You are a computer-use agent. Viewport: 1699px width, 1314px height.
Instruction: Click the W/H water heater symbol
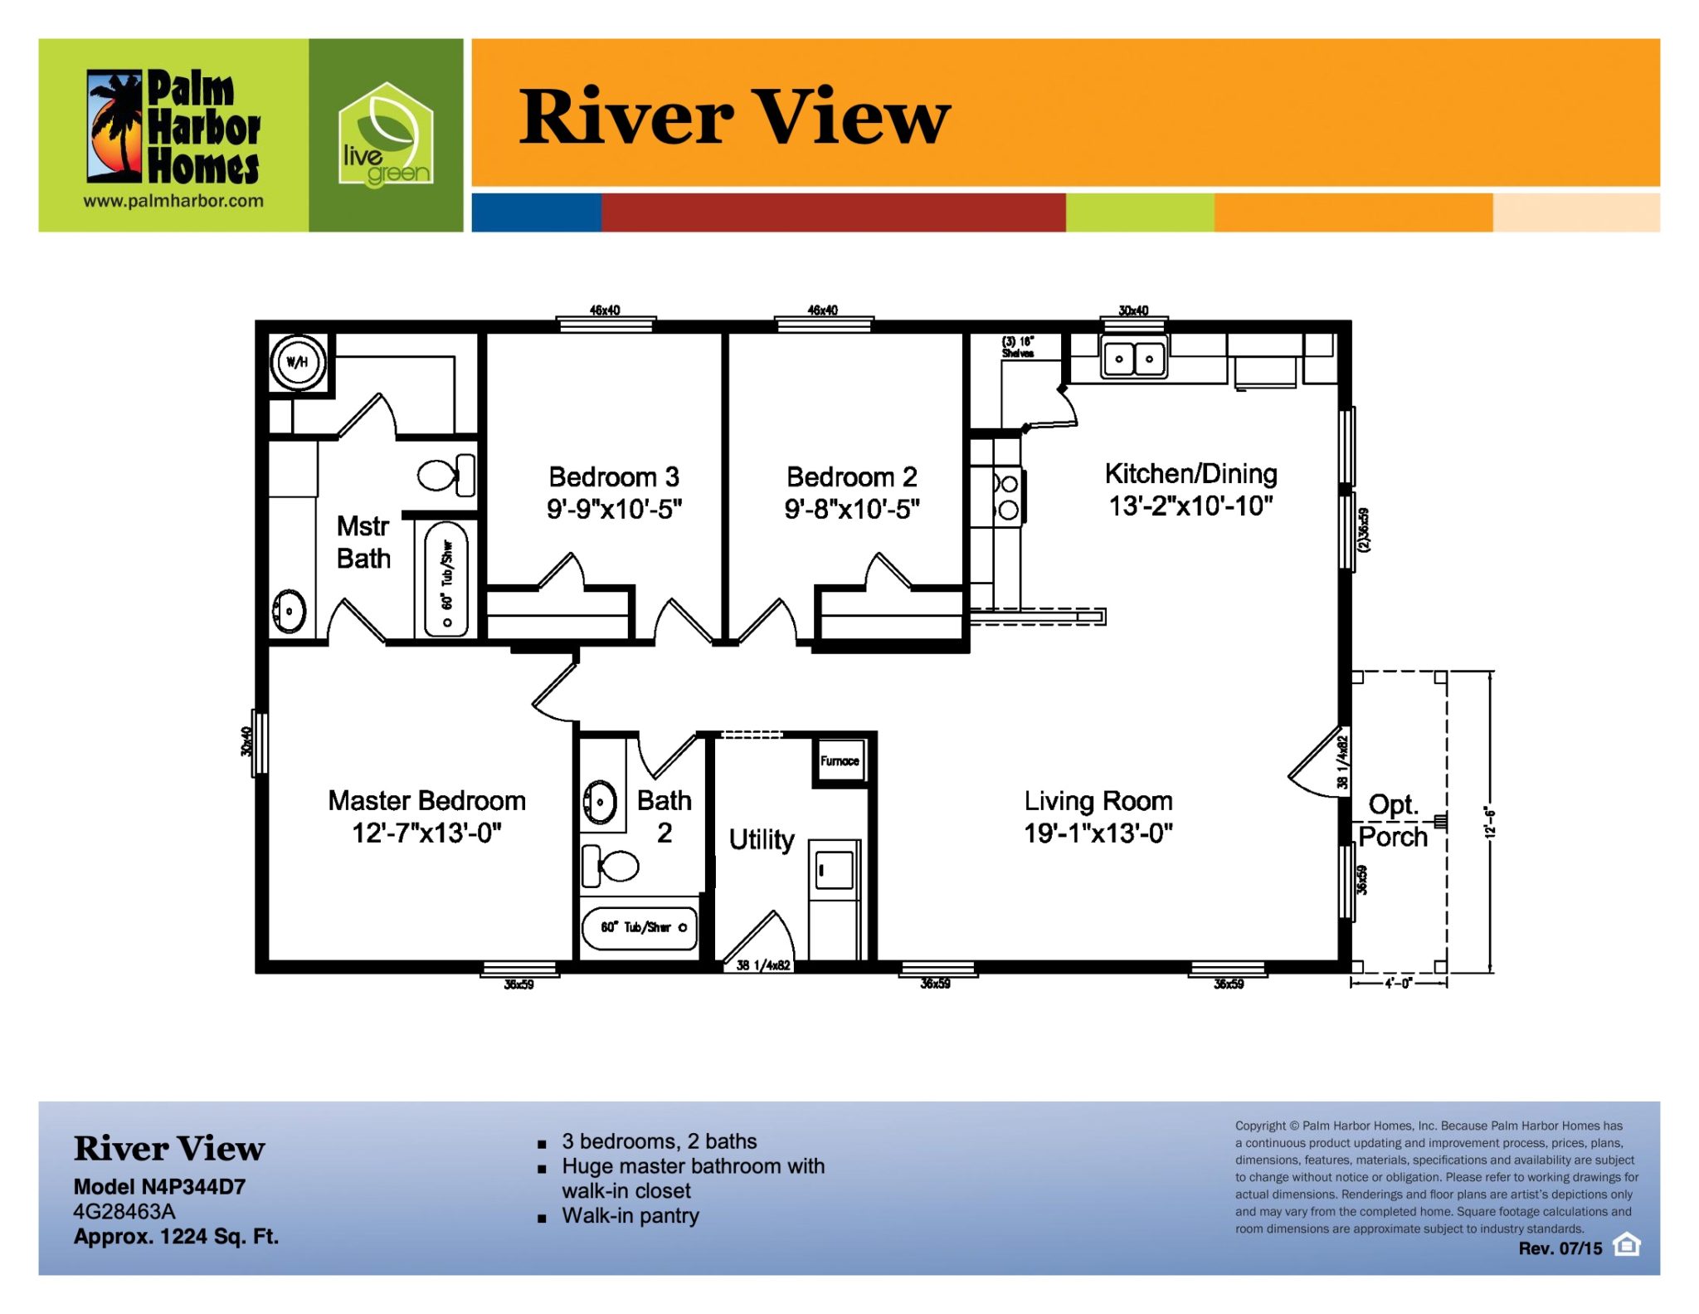(298, 362)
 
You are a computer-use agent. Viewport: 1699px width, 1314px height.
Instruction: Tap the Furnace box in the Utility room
(840, 760)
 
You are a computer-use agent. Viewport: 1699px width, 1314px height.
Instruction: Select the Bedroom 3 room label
(614, 476)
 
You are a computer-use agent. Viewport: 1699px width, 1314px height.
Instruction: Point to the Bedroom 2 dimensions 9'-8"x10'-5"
(852, 508)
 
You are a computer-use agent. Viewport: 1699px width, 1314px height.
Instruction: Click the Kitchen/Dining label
(1190, 473)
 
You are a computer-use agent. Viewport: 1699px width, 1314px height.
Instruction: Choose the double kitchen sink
(1134, 359)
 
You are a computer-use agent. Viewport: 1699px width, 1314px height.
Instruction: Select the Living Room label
(1098, 800)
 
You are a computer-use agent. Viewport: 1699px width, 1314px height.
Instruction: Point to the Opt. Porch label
(1394, 820)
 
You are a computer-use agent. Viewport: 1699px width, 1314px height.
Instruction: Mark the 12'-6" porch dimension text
(1490, 823)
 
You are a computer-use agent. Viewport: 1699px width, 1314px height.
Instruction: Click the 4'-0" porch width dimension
(1398, 984)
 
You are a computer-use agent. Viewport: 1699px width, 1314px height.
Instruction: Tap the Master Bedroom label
(427, 800)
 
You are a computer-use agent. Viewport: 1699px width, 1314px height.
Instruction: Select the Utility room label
(762, 840)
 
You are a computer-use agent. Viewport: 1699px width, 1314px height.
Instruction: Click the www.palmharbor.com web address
(173, 201)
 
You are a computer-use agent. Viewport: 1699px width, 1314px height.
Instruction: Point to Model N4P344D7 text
(159, 1186)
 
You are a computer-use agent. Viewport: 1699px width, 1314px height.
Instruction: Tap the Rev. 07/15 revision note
(1560, 1248)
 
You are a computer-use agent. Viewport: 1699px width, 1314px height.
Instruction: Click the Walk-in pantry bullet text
(630, 1216)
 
